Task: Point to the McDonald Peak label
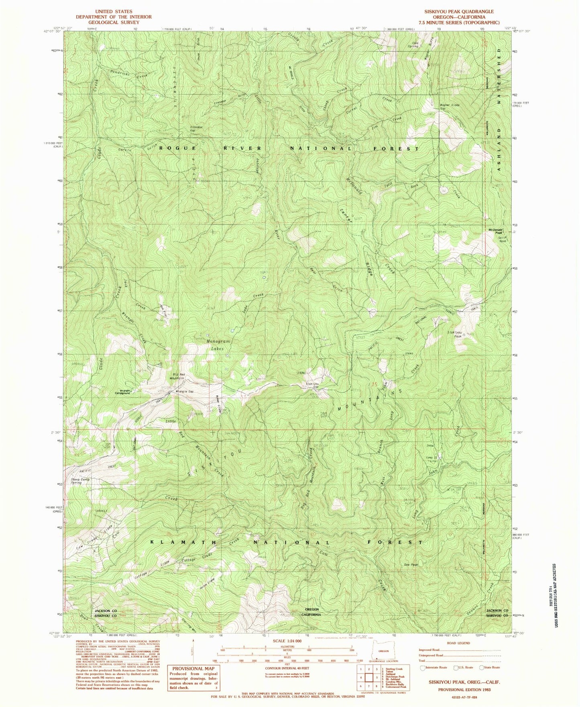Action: (495, 231)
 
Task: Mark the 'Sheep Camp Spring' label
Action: (80, 481)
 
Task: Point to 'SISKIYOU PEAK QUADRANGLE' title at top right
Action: (456, 12)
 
